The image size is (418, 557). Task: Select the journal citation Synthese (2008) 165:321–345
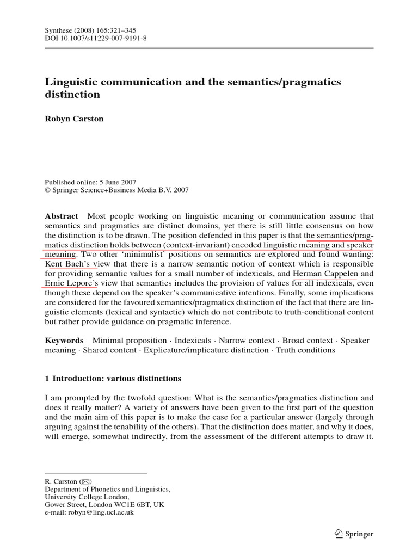[x=90, y=30]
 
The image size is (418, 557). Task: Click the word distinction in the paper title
[x=72, y=94]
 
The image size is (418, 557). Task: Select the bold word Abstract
[x=62, y=216]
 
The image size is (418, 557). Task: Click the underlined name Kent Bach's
[x=71, y=264]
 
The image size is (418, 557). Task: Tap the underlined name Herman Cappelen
[x=325, y=274]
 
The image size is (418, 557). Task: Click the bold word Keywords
[x=64, y=341]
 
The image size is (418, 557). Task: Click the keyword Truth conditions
[x=305, y=350]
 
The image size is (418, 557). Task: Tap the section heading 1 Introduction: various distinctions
[x=113, y=378]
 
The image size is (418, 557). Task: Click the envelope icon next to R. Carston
[x=86, y=482]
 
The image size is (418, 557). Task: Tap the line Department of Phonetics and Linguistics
[x=107, y=490]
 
